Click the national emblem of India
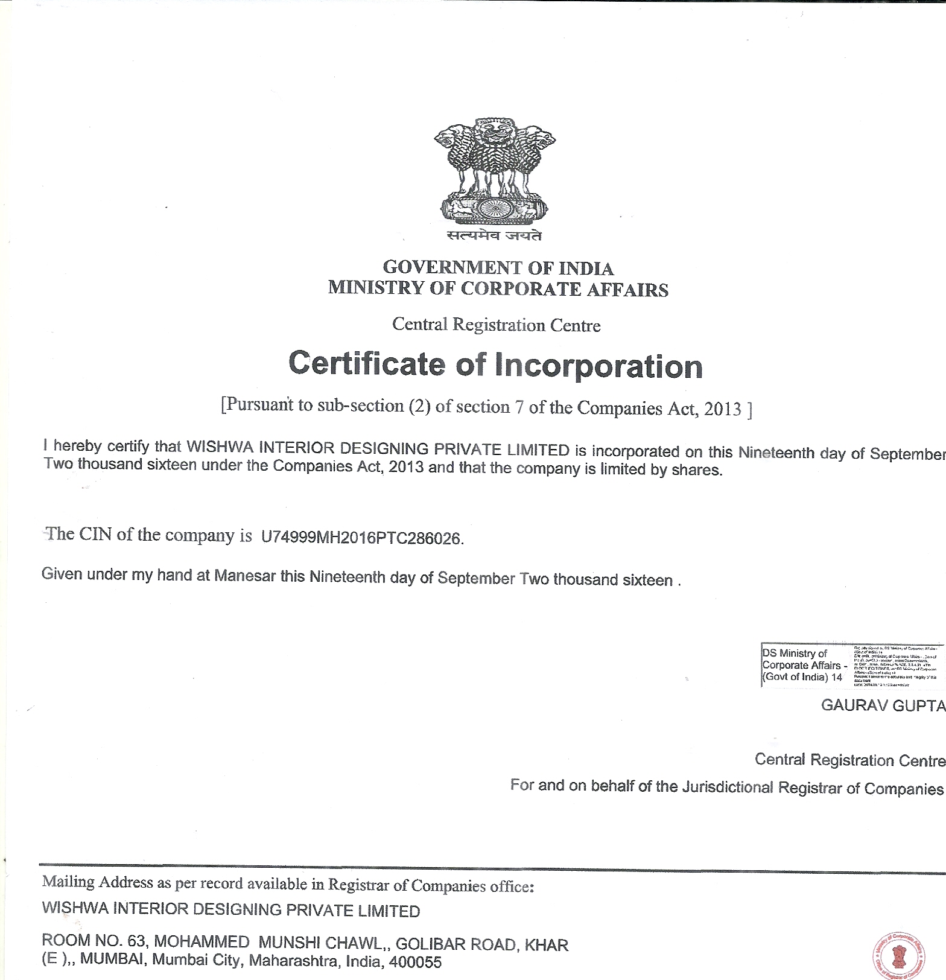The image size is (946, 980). (x=495, y=172)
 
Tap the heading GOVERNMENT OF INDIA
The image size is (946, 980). (x=498, y=268)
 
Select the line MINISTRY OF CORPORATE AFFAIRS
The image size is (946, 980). (x=498, y=288)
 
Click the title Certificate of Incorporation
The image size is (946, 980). (x=495, y=365)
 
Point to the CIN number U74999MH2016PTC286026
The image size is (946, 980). (x=361, y=538)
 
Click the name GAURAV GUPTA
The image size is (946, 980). (x=882, y=705)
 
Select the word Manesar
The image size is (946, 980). (x=245, y=575)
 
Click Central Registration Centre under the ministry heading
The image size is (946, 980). (x=496, y=325)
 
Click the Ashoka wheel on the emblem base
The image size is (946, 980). (x=494, y=209)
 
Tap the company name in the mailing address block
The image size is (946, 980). (x=230, y=910)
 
